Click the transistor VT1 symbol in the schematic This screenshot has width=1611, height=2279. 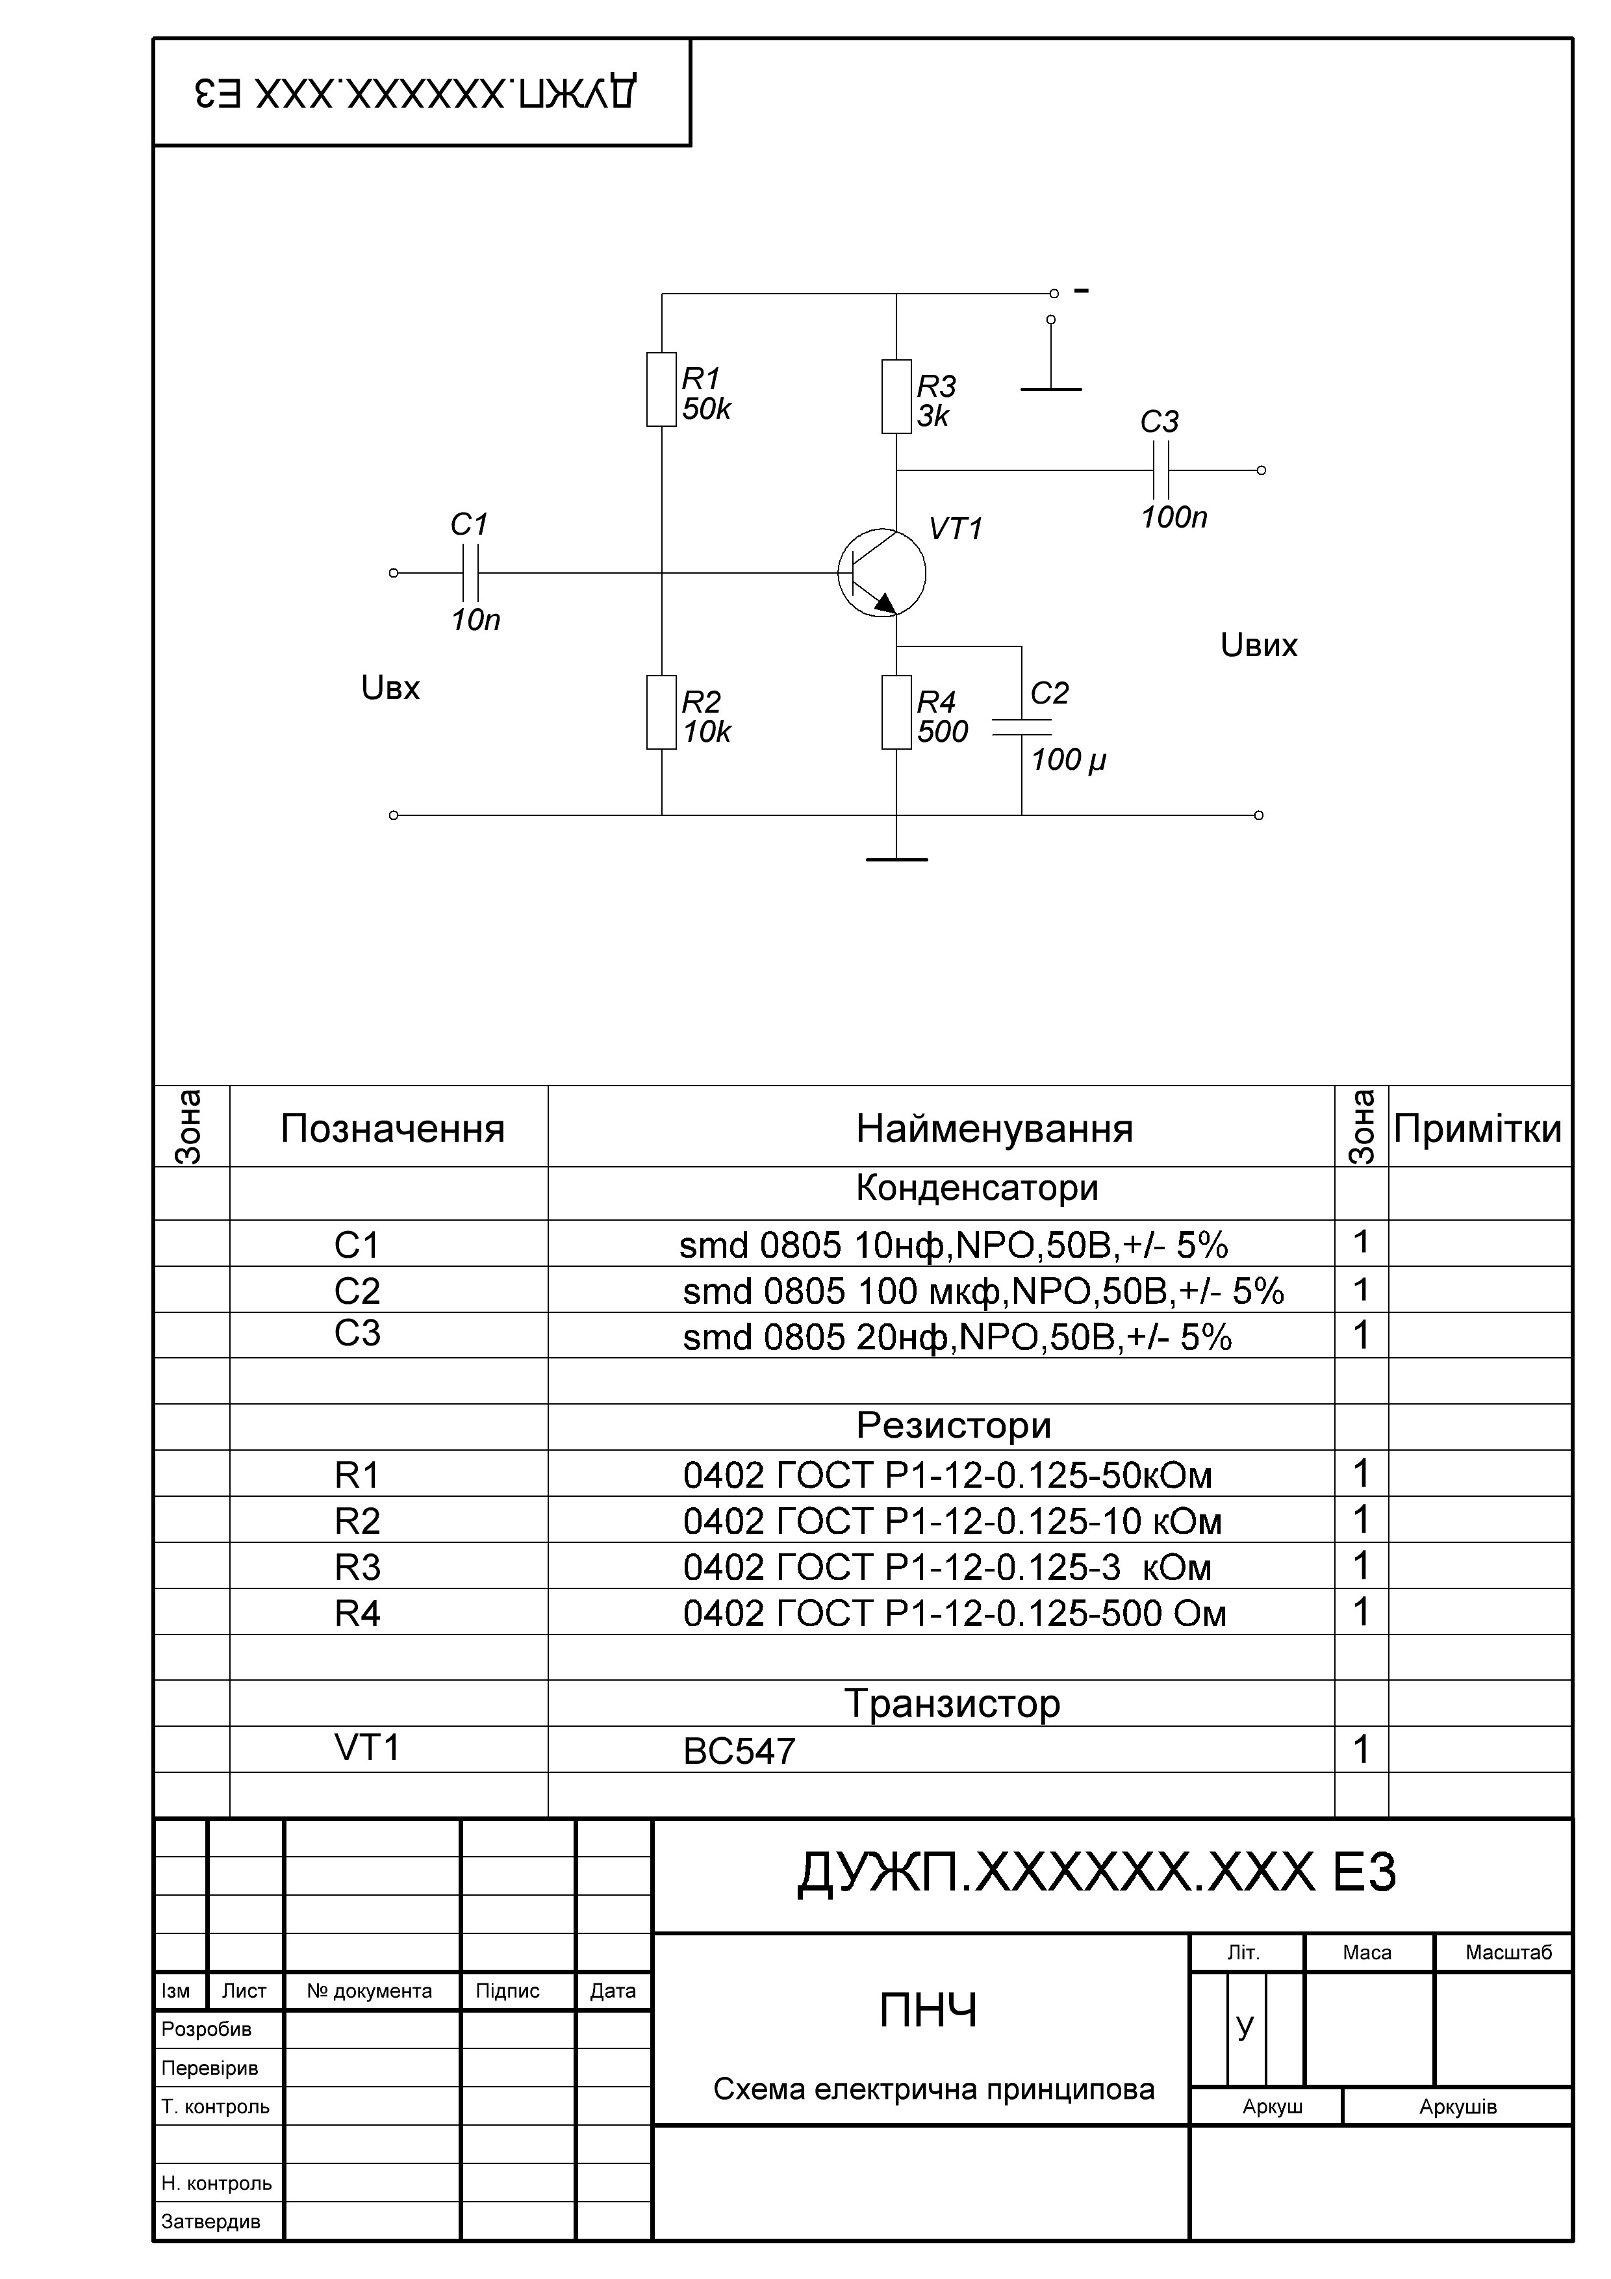click(x=882, y=573)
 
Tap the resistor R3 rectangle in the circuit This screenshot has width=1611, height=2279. click(x=896, y=397)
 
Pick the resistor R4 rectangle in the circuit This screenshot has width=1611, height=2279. click(x=896, y=711)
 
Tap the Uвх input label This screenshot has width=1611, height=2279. click(x=390, y=688)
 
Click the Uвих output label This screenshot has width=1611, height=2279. click(x=1259, y=646)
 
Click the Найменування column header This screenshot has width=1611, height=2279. click(x=994, y=1128)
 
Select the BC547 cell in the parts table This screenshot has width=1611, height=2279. click(x=739, y=1751)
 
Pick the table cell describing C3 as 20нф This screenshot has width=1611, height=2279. click(x=957, y=1337)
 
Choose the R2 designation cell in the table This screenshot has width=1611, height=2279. click(x=357, y=1521)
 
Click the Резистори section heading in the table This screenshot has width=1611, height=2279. click(x=953, y=1425)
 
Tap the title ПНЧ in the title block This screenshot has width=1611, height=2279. click(x=928, y=2011)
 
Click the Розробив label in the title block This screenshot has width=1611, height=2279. click(x=207, y=2029)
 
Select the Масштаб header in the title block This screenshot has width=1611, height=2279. click(x=1508, y=1952)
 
